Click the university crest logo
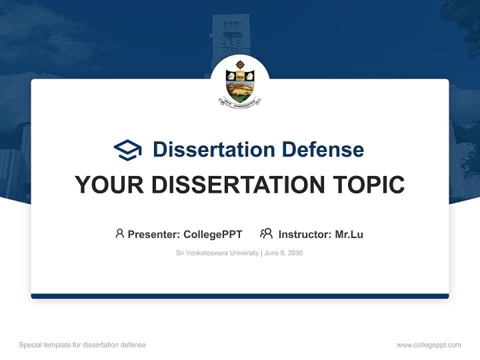pos(240,83)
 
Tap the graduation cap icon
pos(127,149)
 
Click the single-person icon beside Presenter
pos(119,233)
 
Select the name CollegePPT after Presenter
pos(213,234)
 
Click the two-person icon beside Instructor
pos(266,233)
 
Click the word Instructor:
pos(304,234)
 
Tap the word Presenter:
pos(153,234)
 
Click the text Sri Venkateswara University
pos(217,253)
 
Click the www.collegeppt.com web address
pos(428,345)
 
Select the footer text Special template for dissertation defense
pos(82,345)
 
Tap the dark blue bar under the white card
pos(240,296)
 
